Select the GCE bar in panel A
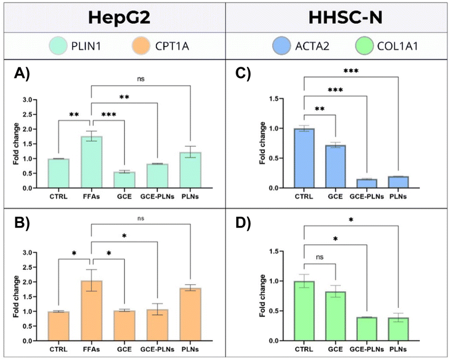[x=123, y=180]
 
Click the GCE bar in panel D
[x=336, y=316]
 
